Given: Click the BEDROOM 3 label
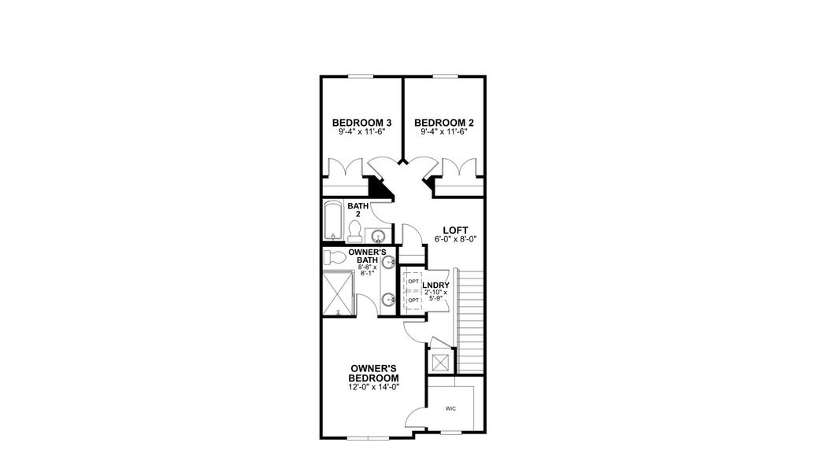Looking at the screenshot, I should (361, 123).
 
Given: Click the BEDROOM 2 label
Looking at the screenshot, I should (443, 123).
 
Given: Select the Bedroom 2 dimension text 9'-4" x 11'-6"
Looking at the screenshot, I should (443, 132).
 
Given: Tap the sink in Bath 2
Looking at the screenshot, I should (378, 235).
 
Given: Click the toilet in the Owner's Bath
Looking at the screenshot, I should (335, 257).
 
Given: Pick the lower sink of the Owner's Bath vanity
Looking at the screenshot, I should (388, 299).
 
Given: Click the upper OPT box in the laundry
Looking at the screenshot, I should (413, 281).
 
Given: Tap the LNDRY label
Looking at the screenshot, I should (435, 286).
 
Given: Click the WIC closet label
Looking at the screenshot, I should (450, 409).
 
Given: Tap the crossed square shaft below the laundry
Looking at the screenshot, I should (439, 362).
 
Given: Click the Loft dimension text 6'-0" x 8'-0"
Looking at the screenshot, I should (455, 241).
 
